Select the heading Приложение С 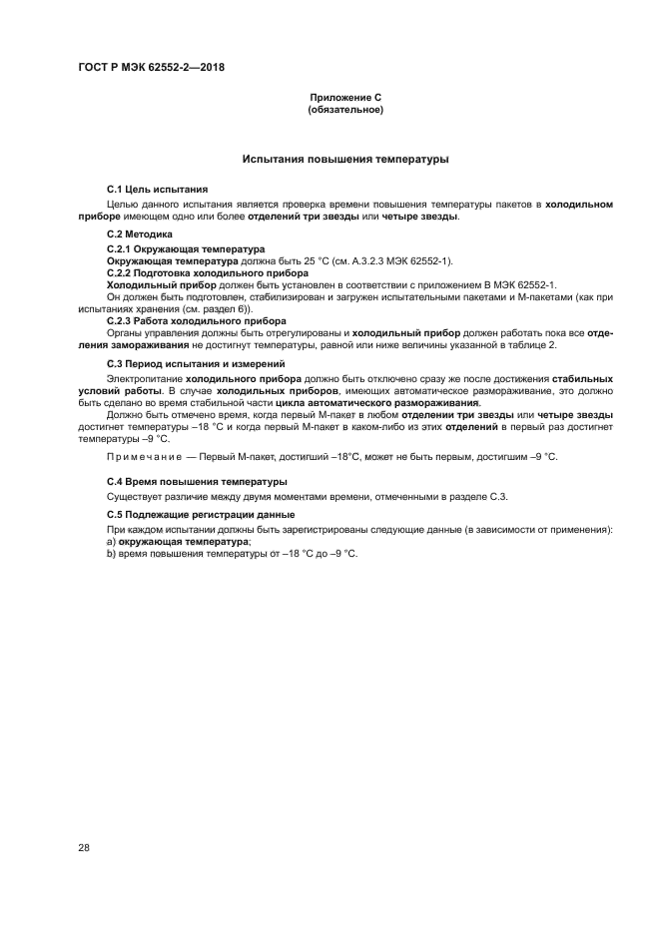pos(345,98)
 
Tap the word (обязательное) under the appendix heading pos(345,110)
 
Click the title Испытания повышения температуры pos(345,159)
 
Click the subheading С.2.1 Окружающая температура pos(185,248)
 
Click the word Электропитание pos(143,380)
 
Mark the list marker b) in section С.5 pos(111,553)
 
